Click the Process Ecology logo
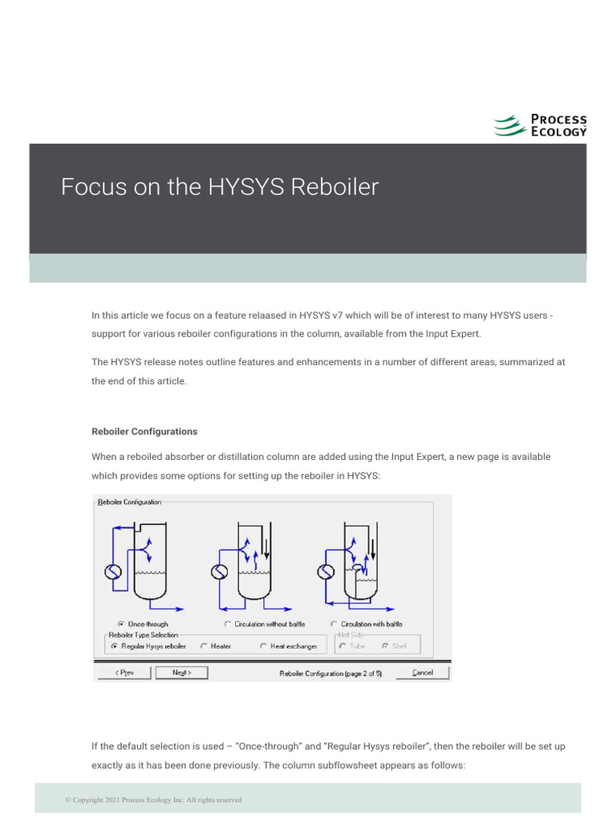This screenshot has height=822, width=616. coord(539,125)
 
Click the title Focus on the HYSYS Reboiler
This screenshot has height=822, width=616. coord(220,187)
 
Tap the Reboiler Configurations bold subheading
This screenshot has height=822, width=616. coord(144,431)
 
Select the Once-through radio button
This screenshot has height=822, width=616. coord(121,624)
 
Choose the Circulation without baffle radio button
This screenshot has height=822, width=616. coord(228,624)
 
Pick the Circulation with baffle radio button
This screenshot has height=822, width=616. coord(334,624)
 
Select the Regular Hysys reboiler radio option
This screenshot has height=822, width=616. coord(114,646)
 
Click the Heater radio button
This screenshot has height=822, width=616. coord(205,646)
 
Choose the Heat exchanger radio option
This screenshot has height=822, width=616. coord(263,646)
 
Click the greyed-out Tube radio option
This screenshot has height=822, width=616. coord(342,646)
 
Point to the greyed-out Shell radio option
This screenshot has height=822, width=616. coord(385,646)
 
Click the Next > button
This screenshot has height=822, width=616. coord(182,673)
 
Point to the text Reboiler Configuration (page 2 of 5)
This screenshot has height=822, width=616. coord(330,673)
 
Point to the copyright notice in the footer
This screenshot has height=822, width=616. coord(153,800)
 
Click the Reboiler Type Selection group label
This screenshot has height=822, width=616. coord(144,635)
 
